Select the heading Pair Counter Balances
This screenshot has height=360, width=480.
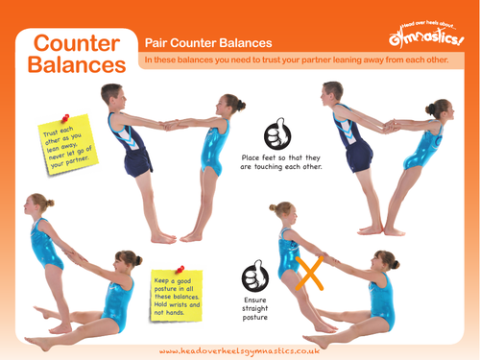coord(207,43)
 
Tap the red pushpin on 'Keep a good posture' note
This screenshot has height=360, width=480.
coord(180,272)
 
